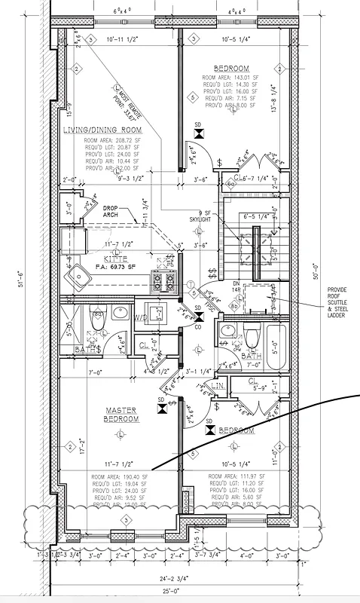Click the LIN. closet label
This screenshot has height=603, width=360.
pos(219,385)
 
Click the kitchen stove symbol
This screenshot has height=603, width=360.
pos(163,280)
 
